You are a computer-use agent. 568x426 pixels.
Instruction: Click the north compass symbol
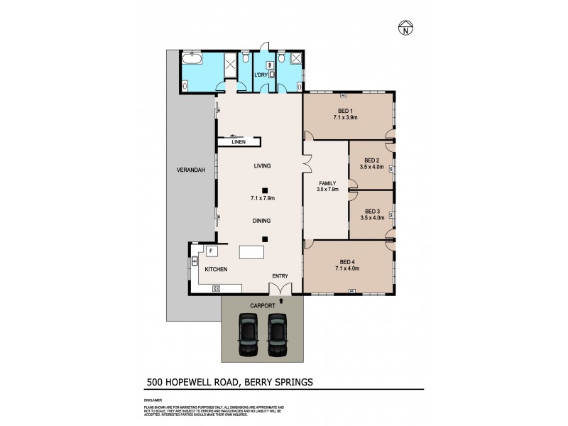coord(404,29)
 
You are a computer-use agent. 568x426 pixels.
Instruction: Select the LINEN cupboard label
coord(239,142)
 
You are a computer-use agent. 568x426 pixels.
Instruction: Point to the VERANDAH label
coord(191,170)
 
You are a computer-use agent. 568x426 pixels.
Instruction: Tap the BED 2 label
coord(372,160)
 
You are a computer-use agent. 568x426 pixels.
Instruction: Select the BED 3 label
coord(372,211)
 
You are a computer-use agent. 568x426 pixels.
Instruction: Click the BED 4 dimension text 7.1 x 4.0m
coord(347,269)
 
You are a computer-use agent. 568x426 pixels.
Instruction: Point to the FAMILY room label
coord(326,182)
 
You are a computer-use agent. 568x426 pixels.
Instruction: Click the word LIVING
coord(263,166)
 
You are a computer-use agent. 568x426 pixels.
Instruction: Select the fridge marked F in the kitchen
coord(211,251)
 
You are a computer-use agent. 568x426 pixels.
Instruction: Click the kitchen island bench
coord(252,253)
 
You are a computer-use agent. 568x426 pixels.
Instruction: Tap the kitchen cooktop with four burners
coord(216,288)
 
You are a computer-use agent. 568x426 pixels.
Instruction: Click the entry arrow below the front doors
coord(282,301)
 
